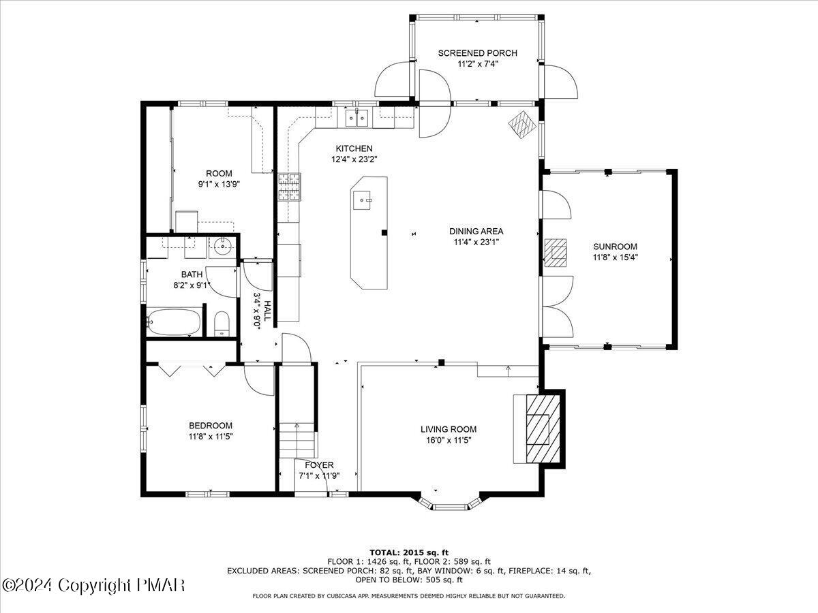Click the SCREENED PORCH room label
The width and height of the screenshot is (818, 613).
(x=477, y=53)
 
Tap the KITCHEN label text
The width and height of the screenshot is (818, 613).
(x=354, y=148)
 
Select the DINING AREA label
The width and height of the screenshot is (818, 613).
(x=476, y=231)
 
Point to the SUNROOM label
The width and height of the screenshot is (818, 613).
(x=616, y=247)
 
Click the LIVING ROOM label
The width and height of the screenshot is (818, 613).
(x=449, y=429)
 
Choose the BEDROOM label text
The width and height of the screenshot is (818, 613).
(x=211, y=426)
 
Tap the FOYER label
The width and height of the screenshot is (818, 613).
(x=320, y=465)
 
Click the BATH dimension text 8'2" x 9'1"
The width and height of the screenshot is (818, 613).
(x=192, y=285)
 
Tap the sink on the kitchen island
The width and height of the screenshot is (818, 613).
(x=362, y=201)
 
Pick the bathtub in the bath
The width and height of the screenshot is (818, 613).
(x=173, y=321)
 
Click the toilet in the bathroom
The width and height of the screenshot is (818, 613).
(x=222, y=324)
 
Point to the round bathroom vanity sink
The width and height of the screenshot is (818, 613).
(x=223, y=246)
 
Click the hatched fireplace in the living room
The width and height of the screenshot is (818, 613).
(x=543, y=429)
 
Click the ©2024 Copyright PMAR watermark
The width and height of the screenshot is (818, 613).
(x=93, y=585)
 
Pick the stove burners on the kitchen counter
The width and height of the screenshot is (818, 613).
(x=290, y=187)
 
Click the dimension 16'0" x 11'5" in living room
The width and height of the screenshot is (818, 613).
(x=449, y=440)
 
